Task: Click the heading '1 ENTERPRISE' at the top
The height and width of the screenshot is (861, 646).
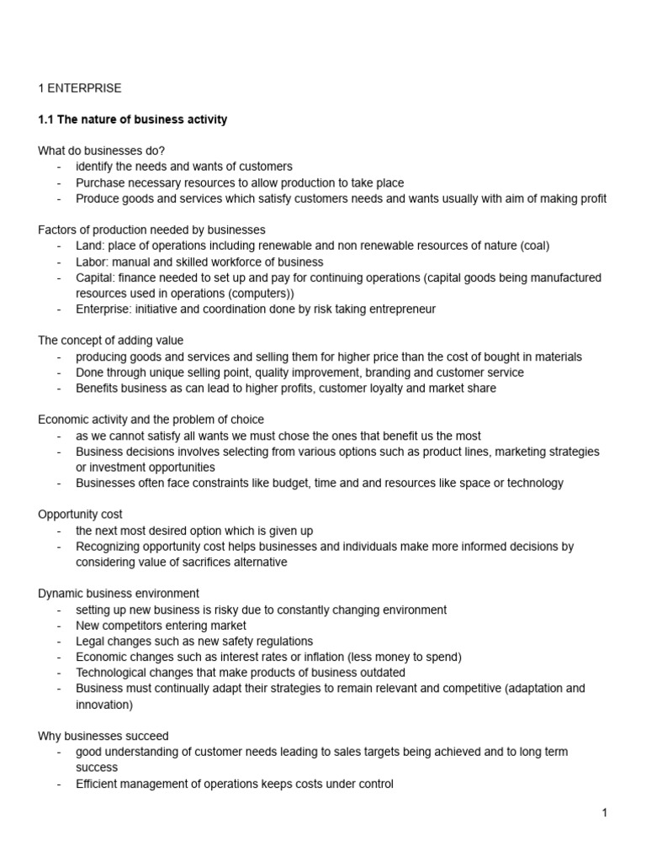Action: [80, 87]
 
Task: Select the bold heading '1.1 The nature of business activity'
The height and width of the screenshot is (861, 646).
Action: [133, 119]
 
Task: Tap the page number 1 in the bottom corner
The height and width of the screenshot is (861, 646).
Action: [604, 812]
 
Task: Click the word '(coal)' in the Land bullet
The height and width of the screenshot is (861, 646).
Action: [533, 246]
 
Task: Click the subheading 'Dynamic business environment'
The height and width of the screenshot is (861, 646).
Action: [119, 594]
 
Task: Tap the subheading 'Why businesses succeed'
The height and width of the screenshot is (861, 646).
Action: [103, 736]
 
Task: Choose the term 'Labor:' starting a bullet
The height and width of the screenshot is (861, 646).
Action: [93, 261]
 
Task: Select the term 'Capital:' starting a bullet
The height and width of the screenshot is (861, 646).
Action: [97, 277]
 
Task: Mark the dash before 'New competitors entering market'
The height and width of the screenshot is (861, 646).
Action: [60, 626]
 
